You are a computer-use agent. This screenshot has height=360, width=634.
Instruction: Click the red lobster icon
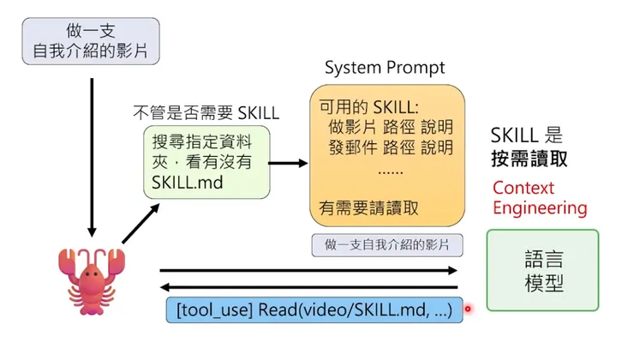[x=90, y=283]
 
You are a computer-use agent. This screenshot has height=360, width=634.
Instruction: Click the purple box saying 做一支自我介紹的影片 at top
[x=91, y=41]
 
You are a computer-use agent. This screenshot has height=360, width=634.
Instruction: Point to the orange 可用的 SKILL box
[x=388, y=156]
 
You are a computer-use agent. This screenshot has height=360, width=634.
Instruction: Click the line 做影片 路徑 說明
[x=391, y=127]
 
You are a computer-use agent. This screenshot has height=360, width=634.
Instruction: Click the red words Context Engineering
[x=540, y=198]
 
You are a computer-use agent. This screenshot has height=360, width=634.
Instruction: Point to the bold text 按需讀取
[x=529, y=159]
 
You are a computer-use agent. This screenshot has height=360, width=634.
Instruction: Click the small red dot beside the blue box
[x=468, y=309]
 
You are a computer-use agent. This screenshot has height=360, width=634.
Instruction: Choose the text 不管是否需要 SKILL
[x=205, y=112]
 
